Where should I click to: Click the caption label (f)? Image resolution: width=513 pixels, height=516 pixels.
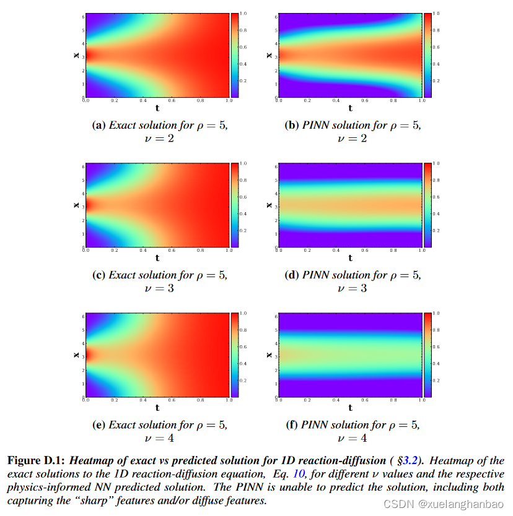pos(291,424)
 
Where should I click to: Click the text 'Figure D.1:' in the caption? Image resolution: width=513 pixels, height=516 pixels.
pos(36,461)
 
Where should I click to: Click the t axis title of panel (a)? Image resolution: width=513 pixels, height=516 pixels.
pos(157,108)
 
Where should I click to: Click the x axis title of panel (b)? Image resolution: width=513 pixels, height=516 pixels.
pos(268,55)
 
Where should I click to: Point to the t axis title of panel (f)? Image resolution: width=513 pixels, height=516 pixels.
pos(350,408)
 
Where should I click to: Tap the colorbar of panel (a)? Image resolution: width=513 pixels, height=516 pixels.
pos(234,56)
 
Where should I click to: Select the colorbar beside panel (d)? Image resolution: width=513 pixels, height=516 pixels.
pos(427,205)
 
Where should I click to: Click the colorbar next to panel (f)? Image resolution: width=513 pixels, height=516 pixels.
pos(427,355)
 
